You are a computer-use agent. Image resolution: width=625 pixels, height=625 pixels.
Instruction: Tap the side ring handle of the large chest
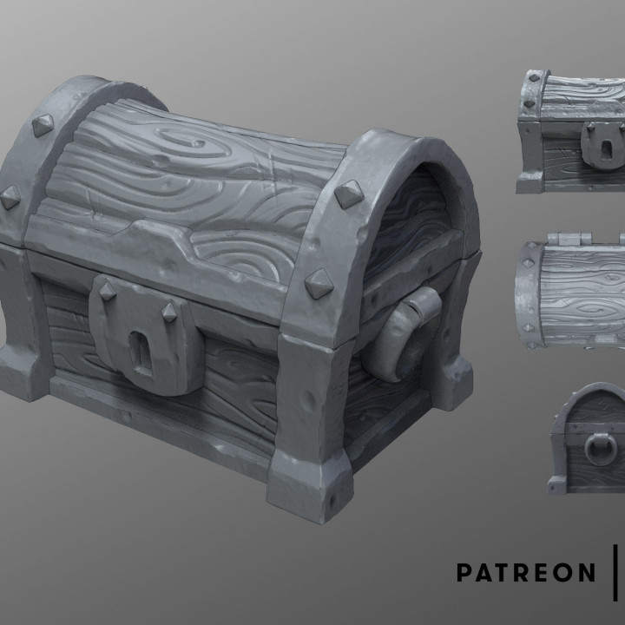point(409,334)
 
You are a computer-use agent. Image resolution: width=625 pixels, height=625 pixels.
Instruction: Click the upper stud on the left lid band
point(42,125)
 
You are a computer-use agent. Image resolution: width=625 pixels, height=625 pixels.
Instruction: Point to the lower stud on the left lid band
point(10,197)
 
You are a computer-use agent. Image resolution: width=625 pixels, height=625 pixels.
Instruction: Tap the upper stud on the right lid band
point(349,194)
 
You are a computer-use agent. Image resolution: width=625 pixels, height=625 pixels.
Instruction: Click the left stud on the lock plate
point(107,291)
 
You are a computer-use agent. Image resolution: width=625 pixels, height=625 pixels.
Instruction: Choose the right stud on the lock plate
point(169,311)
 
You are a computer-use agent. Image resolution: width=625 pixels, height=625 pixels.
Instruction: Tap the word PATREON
point(526,572)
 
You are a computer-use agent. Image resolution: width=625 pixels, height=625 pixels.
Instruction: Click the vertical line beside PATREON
point(615,572)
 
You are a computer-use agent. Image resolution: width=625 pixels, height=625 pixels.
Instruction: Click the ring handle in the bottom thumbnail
point(600,447)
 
